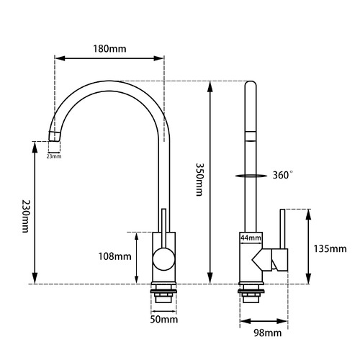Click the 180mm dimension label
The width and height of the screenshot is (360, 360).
109,49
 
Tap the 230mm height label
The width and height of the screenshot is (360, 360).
24,215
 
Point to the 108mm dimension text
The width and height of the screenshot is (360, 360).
115,256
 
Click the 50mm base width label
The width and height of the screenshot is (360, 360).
164,318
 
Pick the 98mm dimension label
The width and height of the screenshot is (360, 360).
267,333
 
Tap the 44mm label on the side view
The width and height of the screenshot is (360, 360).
251,237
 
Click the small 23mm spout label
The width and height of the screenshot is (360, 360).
54,156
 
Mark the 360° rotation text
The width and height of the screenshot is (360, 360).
283,175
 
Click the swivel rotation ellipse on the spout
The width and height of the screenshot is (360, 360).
249,174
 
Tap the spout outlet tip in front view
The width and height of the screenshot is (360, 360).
54,136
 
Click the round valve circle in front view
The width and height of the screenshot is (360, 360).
163,258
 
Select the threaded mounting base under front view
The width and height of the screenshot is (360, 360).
164,295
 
